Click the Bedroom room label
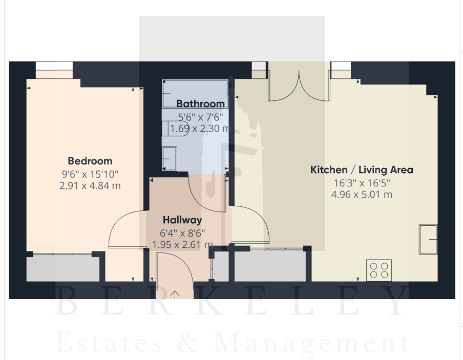pyautogui.click(x=90, y=161)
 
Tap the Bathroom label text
pyautogui.click(x=200, y=103)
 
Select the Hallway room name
pyautogui.click(x=182, y=220)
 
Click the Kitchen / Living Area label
pyautogui.click(x=362, y=170)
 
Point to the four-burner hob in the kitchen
pyautogui.click(x=379, y=270)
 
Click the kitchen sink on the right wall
pyautogui.click(x=428, y=239)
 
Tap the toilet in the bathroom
pyautogui.click(x=175, y=129)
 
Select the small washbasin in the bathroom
pyautogui.click(x=170, y=159)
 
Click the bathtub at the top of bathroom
pyautogui.click(x=195, y=93)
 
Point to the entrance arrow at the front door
pyautogui.click(x=175, y=295)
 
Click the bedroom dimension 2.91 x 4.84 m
pyautogui.click(x=90, y=186)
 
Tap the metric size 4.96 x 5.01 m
pyautogui.click(x=362, y=195)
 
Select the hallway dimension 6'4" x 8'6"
pyautogui.click(x=182, y=234)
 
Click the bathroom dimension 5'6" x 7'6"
pyautogui.click(x=200, y=117)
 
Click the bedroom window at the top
pyautogui.click(x=54, y=70)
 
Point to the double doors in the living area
pyautogui.click(x=299, y=86)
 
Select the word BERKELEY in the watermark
pyautogui.click(x=231, y=301)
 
